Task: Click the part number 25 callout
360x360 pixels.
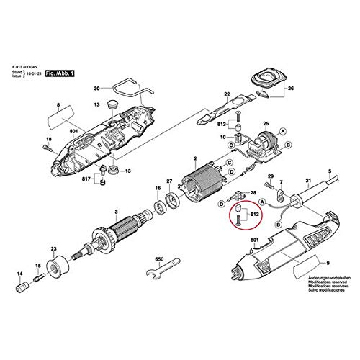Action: coord(265,124)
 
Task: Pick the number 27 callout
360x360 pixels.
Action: coord(169,181)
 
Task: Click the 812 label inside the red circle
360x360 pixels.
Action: coord(254,214)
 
